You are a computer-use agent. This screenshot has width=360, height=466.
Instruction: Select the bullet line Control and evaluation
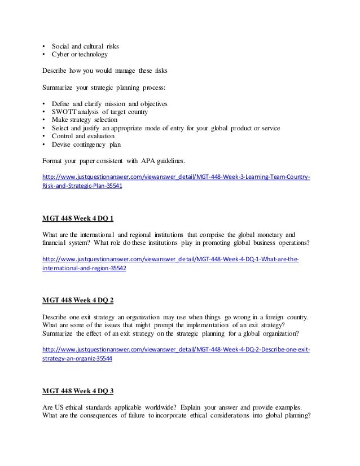[x=82, y=136]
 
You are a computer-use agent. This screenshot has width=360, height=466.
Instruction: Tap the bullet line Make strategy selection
[x=85, y=120]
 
